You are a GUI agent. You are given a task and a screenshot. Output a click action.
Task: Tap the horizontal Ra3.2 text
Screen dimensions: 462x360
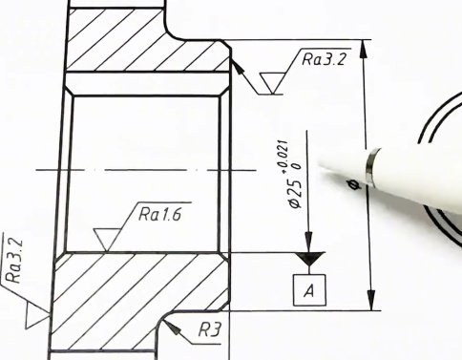323,59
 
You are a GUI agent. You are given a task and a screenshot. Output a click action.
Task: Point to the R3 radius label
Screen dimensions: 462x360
210,329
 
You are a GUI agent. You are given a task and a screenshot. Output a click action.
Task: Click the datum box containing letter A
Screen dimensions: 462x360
306,288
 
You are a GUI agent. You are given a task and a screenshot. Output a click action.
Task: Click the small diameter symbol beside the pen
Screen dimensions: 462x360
355,184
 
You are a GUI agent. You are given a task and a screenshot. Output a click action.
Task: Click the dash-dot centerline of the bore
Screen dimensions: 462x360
143,170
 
